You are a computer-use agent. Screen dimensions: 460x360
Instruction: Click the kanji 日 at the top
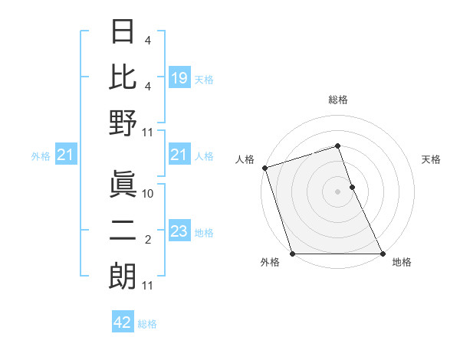123,33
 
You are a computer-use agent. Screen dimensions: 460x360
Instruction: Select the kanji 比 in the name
123,77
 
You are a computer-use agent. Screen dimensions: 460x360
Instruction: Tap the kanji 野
123,123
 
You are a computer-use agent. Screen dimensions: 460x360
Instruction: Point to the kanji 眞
123,184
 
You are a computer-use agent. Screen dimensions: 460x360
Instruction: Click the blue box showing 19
179,77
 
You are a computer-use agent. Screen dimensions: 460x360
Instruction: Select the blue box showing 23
179,231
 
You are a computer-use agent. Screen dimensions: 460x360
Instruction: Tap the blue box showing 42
123,322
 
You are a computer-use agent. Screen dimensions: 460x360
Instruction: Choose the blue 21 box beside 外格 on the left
66,155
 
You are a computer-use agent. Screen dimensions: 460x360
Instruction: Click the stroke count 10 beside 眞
148,194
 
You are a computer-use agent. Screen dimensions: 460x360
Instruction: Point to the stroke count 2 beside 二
148,241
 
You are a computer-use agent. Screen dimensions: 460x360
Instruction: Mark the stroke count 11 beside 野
148,133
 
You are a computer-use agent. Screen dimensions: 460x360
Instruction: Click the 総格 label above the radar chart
337,100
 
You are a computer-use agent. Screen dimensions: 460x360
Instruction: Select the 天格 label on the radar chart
432,159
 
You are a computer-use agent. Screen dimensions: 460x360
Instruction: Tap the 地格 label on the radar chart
402,263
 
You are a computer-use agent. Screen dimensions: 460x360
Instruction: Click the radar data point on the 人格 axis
264,168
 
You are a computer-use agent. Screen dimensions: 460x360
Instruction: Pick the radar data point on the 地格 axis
383,254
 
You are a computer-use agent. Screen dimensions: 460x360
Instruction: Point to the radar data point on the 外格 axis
292,254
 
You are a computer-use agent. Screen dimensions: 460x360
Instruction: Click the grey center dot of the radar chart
337,191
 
